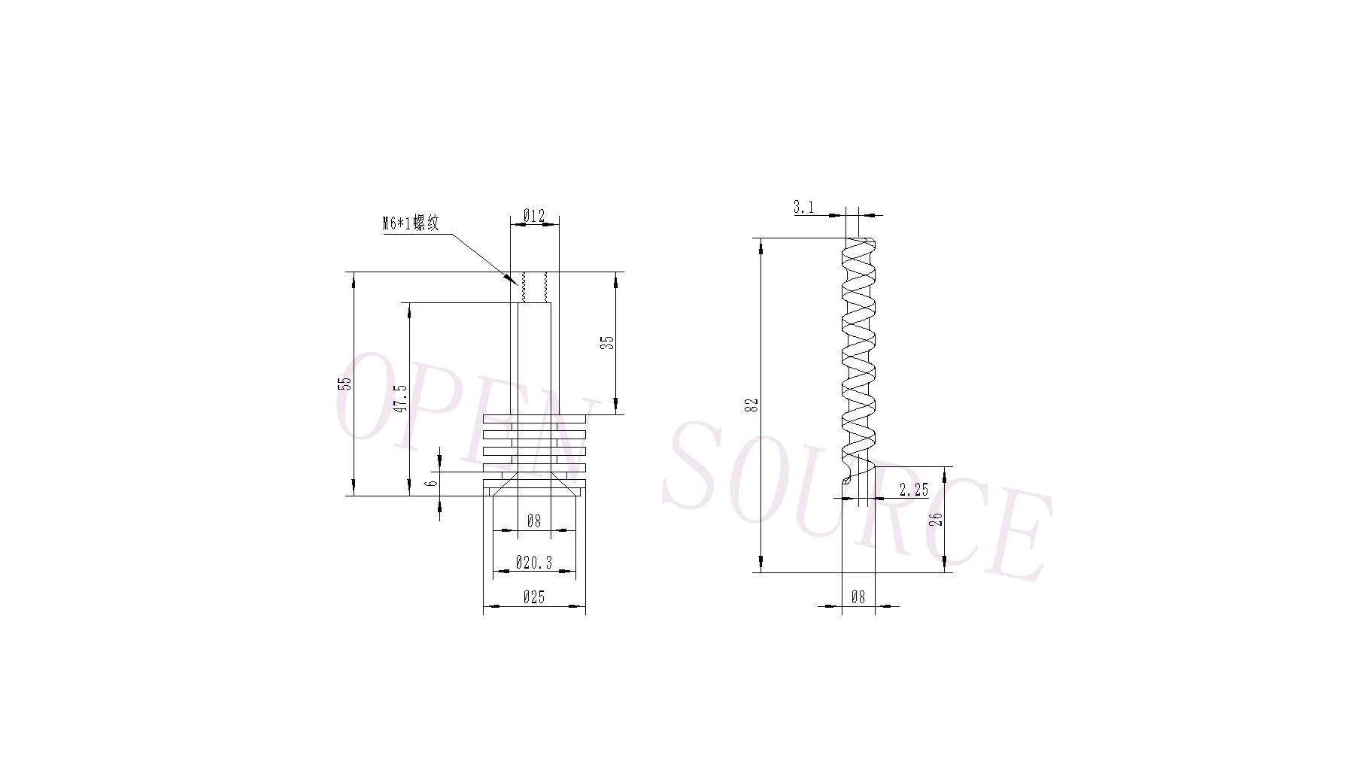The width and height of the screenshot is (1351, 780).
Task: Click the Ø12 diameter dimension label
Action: pyautogui.click(x=533, y=216)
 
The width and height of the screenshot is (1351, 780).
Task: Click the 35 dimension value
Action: pyautogui.click(x=609, y=341)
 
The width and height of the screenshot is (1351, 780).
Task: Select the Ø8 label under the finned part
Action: pyautogui.click(x=533, y=521)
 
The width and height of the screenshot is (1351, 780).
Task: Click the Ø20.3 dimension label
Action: pyautogui.click(x=534, y=562)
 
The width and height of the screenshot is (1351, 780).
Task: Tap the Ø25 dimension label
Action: pyautogui.click(x=533, y=597)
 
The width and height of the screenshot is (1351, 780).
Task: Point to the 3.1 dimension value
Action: pyautogui.click(x=803, y=207)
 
